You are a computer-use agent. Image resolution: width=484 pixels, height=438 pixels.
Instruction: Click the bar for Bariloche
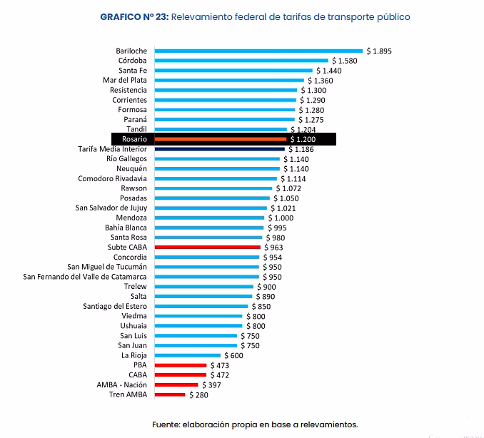pyautogui.click(x=258, y=51)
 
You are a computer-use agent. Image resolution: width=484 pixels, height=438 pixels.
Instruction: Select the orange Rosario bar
pyautogui.click(x=220, y=139)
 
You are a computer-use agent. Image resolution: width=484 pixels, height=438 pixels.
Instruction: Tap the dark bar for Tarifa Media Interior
pyautogui.click(x=219, y=149)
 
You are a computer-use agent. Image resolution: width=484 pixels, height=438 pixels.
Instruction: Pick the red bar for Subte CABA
pyautogui.click(x=207, y=247)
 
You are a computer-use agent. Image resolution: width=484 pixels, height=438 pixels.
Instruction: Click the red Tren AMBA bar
pyautogui.click(x=170, y=394)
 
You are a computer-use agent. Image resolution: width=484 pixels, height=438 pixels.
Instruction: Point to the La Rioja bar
pyautogui.click(x=188, y=355)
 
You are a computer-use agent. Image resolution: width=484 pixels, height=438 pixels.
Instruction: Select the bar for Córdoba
pyautogui.click(x=241, y=61)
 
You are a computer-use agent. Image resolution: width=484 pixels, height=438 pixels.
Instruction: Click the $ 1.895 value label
pyautogui.click(x=379, y=51)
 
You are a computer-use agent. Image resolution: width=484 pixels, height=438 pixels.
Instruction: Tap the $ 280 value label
pyautogui.click(x=199, y=394)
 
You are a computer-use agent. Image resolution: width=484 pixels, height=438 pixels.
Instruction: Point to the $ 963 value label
pyautogui.click(x=275, y=247)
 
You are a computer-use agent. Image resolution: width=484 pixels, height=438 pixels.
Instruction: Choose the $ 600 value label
pyautogui.click(x=233, y=355)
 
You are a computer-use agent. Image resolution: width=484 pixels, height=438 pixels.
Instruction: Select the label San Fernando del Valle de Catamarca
pyautogui.click(x=85, y=277)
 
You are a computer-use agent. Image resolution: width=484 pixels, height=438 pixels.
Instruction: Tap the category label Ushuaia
pyautogui.click(x=133, y=326)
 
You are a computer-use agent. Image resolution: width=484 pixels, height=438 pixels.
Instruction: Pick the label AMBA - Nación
pyautogui.click(x=121, y=384)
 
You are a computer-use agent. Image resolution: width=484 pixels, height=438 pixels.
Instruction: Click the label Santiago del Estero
pyautogui.click(x=115, y=306)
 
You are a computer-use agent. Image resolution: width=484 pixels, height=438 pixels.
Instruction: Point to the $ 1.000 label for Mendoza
pyautogui.click(x=281, y=218)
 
